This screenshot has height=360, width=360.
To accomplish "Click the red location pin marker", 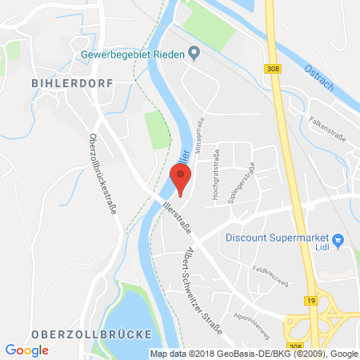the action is (x=181, y=176).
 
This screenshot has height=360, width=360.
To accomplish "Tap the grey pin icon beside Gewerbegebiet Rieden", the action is (x=194, y=54).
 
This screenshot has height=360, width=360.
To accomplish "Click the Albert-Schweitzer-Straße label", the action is (x=199, y=281).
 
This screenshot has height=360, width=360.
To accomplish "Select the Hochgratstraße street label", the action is (x=216, y=174).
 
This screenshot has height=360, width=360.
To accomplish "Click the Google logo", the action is (x=26, y=349).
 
